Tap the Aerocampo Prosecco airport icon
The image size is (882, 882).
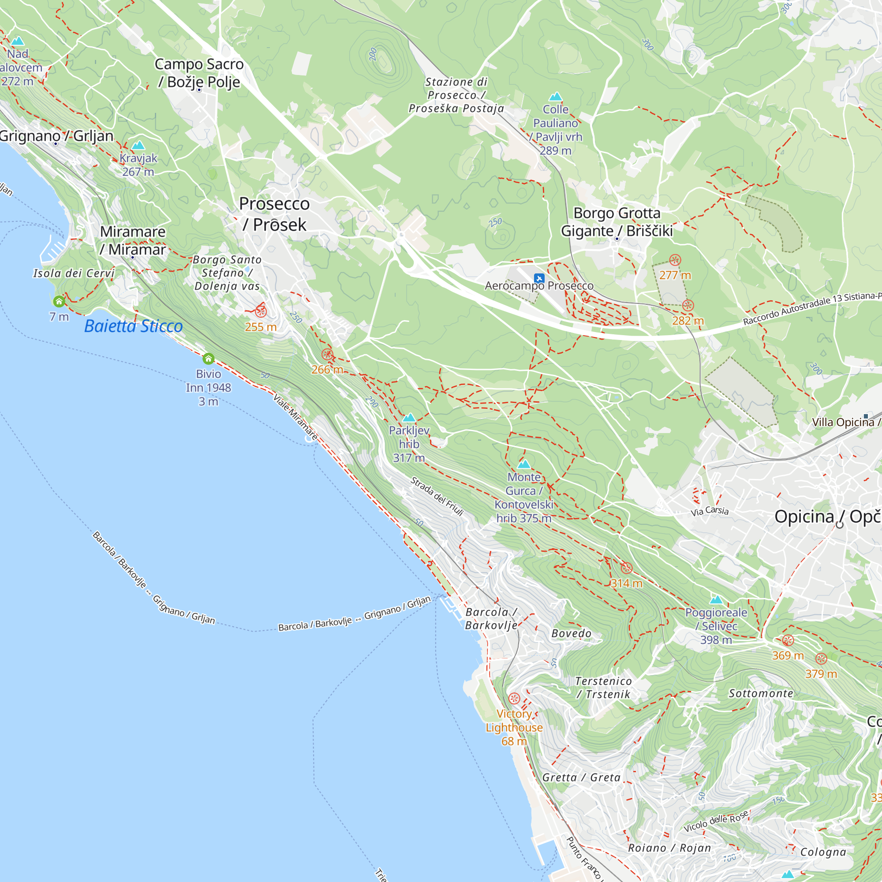[539, 278]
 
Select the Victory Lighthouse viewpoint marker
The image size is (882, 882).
[514, 699]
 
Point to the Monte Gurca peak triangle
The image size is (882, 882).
[524, 464]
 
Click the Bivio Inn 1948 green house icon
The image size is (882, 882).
[209, 359]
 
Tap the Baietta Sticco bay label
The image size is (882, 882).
[133, 326]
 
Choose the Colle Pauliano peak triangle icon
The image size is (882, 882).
[555, 97]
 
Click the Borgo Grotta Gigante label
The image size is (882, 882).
[617, 222]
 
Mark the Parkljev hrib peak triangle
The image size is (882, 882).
[409, 418]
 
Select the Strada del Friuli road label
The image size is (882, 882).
[437, 497]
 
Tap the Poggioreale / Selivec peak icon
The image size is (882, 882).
[716, 600]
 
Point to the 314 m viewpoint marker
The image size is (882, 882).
[626, 568]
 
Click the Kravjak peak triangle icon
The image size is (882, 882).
[138, 146]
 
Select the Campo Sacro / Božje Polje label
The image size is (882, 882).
[199, 73]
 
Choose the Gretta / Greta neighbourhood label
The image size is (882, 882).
[581, 777]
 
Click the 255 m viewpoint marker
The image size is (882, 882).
[261, 311]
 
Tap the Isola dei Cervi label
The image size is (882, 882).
[74, 273]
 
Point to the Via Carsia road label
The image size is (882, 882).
[710, 511]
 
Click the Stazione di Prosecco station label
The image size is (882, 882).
[456, 95]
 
